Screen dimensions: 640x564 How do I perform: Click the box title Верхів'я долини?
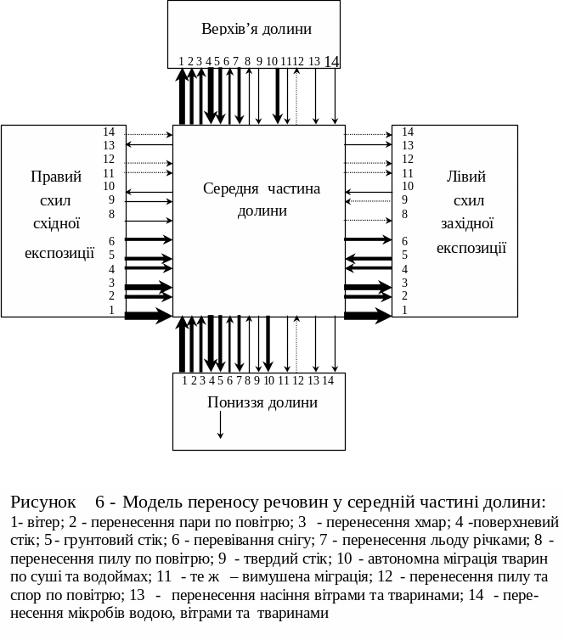point(256,29)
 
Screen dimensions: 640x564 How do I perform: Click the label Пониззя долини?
point(262,402)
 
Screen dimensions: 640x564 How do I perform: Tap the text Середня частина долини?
point(262,199)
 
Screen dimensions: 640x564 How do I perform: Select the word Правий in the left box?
point(56,177)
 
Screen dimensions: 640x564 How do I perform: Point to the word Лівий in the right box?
point(465,177)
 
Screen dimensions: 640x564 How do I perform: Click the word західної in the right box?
point(467,224)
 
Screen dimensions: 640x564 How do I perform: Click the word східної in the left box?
point(56,224)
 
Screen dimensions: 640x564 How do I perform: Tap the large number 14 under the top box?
point(331,61)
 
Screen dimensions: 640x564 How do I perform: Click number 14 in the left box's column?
point(109,132)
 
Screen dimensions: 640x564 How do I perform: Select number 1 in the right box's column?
point(405,311)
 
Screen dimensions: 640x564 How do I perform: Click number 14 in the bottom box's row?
point(328,380)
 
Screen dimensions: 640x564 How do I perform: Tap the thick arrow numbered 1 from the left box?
point(148,316)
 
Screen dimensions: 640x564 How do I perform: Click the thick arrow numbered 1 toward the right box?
point(367,316)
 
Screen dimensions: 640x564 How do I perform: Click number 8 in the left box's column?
point(110,214)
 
